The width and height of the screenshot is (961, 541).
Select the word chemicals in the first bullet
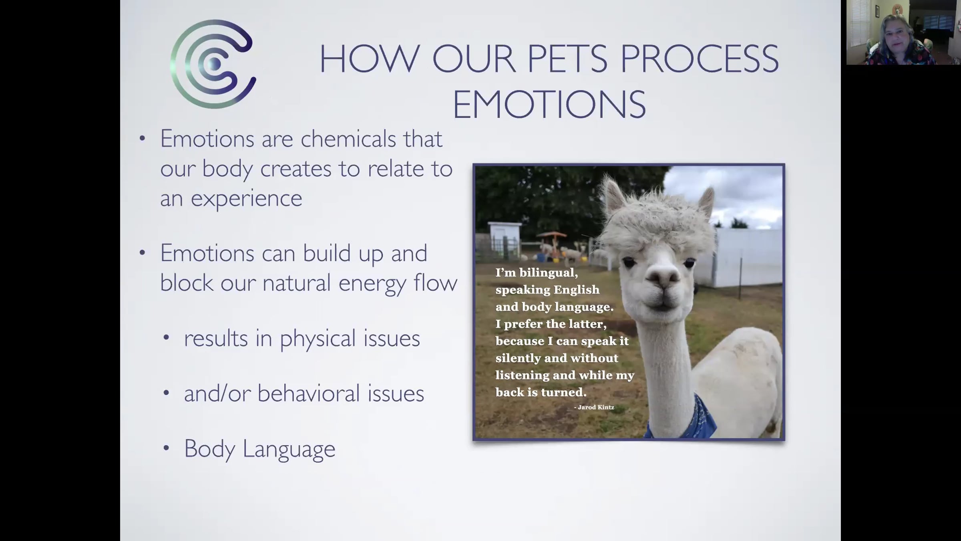coord(348,139)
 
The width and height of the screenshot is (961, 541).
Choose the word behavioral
coord(309,393)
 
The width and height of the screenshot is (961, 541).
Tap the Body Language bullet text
coord(259,449)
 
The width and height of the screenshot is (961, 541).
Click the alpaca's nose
coord(663,276)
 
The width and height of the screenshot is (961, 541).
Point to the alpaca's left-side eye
coord(629,262)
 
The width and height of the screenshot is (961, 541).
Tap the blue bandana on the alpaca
coord(681,419)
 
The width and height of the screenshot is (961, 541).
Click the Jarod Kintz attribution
coord(594,407)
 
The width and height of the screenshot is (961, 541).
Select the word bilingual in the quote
coord(549,273)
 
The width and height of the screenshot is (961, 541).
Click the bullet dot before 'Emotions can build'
coord(142,253)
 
